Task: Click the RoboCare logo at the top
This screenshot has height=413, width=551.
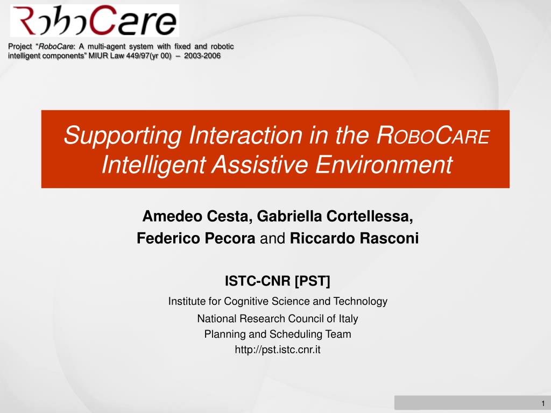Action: point(95,20)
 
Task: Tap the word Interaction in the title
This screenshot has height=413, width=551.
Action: point(245,135)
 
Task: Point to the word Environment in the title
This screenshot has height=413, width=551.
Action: point(384,165)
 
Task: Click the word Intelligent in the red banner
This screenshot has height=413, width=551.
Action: point(153,165)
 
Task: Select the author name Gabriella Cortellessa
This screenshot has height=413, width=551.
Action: point(335,216)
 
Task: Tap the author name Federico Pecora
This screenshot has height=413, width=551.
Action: point(196,238)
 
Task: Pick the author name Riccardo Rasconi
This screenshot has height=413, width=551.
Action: point(354,238)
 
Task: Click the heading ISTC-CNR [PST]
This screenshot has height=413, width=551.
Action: point(278,281)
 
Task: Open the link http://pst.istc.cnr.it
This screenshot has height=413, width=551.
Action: point(278,350)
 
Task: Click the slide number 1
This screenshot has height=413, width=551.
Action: point(543,403)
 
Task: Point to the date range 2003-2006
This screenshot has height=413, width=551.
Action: point(202,56)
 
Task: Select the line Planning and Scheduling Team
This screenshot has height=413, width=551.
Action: point(278,334)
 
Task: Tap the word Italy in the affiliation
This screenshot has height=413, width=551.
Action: point(348,318)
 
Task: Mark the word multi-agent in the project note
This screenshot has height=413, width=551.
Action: point(107,47)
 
